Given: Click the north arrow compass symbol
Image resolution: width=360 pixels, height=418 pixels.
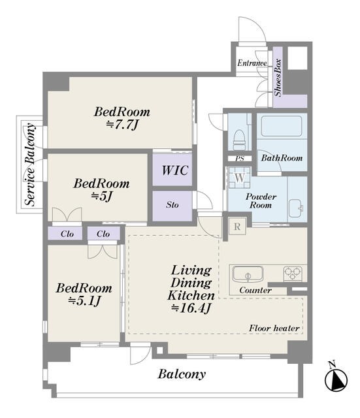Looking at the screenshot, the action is tap(336, 378).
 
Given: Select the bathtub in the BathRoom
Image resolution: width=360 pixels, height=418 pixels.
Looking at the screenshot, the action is tap(282, 126).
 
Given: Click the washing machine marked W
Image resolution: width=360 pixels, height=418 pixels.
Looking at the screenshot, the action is tap(240, 178).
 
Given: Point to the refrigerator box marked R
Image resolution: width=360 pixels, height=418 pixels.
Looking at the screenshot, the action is tap(237, 227).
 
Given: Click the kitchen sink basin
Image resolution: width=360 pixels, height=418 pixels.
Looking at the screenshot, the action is tap(248, 274).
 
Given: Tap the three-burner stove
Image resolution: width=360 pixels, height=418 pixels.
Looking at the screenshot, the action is tap(293, 273).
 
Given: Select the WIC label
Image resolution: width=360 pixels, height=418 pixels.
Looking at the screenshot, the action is tap(175, 170).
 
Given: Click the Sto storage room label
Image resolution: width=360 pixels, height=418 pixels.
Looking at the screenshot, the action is tap(172, 204).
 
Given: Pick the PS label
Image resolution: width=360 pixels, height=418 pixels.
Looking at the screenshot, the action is tap(240, 158).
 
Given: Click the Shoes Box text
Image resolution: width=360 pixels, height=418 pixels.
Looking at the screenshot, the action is tap(278, 78).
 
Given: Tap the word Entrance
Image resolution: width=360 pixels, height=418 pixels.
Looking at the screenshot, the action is tap(252, 63).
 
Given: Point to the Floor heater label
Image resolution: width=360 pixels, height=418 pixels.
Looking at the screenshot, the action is tap(274, 328).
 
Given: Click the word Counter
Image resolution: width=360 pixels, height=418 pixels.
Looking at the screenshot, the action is tap(255, 290).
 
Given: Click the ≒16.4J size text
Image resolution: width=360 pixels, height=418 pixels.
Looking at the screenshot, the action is tap(191, 308).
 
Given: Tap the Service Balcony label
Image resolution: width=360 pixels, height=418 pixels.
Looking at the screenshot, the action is tap(30, 164).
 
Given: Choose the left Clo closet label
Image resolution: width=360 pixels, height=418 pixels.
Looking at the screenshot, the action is tap(67, 234).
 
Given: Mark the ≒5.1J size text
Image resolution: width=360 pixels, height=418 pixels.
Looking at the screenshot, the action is tap(84, 301).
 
